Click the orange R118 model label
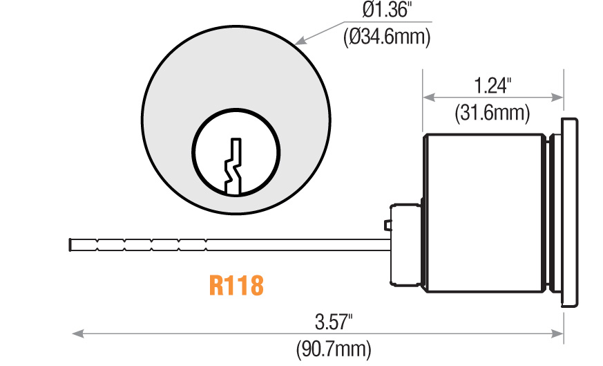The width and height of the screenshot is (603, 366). (x=236, y=286)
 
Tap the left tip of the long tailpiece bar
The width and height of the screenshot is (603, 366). (x=71, y=245)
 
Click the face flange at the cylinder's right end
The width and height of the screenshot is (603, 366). (x=570, y=212)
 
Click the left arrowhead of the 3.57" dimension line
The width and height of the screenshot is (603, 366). (x=76, y=334)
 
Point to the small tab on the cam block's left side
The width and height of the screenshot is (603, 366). (x=387, y=225)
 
